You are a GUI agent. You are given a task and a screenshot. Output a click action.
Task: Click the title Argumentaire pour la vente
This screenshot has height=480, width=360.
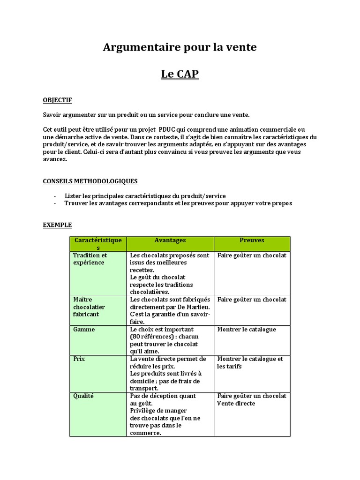click(180, 47)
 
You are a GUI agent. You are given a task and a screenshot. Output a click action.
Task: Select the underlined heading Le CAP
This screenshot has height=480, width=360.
click(180, 74)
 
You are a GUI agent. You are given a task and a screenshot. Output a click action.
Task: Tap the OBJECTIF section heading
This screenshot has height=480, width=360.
click(57, 100)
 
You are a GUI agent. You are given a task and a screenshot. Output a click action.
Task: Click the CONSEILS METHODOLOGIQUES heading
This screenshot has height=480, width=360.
click(90, 181)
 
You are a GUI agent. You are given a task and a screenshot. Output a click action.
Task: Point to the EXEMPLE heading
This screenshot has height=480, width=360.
click(57, 225)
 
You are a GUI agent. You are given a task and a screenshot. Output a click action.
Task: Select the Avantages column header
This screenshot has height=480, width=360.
click(170, 240)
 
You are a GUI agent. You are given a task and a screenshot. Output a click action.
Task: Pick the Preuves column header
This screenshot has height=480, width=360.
click(252, 240)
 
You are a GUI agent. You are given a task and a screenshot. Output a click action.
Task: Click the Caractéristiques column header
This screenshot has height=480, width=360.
click(98, 244)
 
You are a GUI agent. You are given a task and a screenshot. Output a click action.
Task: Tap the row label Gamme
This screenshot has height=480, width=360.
click(84, 330)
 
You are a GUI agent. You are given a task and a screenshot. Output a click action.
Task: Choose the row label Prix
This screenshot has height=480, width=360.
click(79, 359)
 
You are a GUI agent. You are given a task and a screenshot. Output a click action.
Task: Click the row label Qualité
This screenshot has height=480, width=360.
click(83, 396)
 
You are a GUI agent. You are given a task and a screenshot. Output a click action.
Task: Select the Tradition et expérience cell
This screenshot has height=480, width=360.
click(90, 259)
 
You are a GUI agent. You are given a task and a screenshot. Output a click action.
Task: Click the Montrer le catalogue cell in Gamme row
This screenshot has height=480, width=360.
click(247, 330)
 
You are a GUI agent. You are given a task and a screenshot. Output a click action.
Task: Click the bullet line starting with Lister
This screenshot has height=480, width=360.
click(145, 196)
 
